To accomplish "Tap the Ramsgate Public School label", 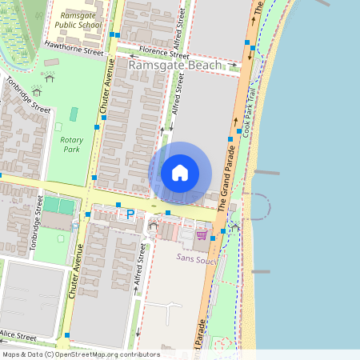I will [x=79, y=19].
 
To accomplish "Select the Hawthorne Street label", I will [x=75, y=48].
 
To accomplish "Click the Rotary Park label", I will [x=71, y=144].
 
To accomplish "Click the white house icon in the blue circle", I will [x=180, y=172].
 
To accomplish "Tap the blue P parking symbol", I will [x=130, y=214].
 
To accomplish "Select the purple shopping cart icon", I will [x=202, y=234].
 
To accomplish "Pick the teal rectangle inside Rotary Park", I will [x=74, y=114].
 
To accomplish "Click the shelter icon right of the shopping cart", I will [x=234, y=227].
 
